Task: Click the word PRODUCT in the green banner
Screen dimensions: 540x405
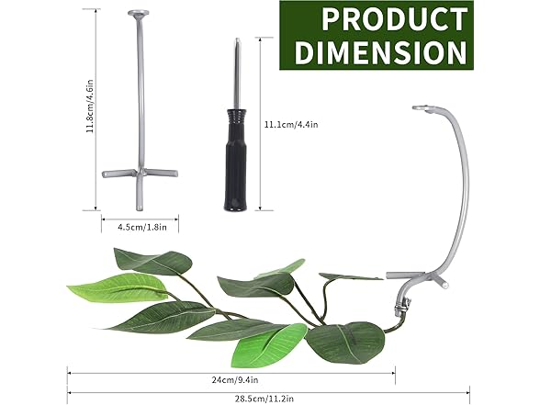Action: pos(395,19)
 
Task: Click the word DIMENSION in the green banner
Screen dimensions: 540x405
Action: pos(381,52)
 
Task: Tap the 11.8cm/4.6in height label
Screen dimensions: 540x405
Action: pos(90,107)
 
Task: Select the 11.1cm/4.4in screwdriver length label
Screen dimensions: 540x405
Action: pos(291,124)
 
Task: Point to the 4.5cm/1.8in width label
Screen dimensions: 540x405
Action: pos(142,228)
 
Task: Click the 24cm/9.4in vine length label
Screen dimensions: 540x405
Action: pos(235,380)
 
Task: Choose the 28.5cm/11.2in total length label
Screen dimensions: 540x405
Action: pos(264,399)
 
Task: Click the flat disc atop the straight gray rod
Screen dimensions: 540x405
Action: pos(140,13)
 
